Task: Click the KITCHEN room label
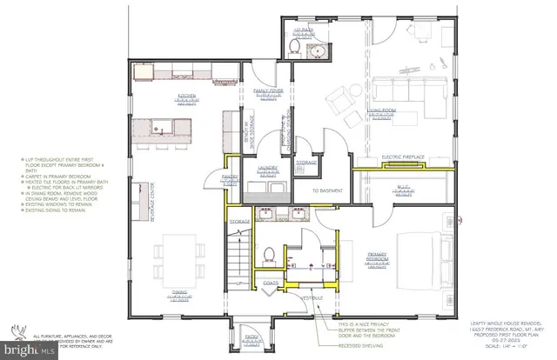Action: coord(187,96)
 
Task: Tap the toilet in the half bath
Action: coord(301,49)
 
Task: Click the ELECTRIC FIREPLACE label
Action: coord(404,157)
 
